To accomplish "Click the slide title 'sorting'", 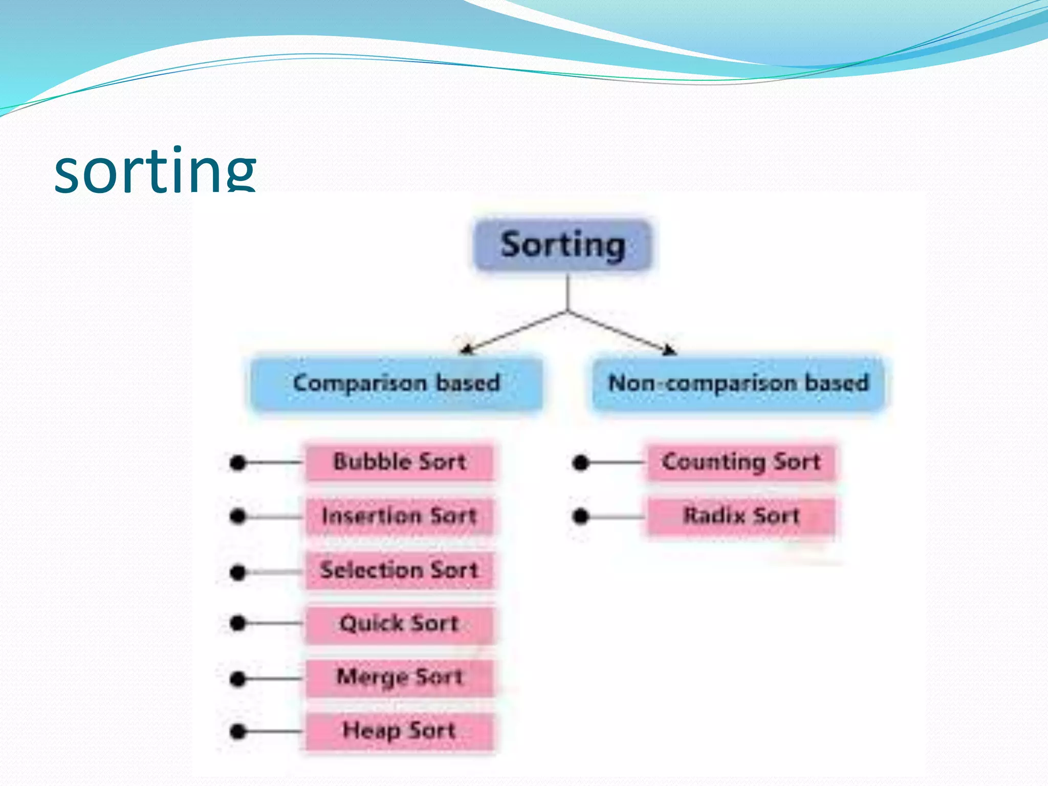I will (155, 170).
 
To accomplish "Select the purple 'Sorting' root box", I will (562, 245).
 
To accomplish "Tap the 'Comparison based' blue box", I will (397, 383).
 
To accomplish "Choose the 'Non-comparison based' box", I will (738, 383).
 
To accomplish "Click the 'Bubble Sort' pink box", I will (400, 462).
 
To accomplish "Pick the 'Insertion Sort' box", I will (400, 516).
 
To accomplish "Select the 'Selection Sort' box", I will (400, 570).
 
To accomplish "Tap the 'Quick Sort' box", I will (400, 624).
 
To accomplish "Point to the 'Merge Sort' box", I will (400, 678).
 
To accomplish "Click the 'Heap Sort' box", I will (400, 731).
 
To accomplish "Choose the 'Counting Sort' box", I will (741, 462).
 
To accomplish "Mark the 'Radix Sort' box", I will (741, 516).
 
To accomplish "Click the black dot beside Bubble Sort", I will (238, 463).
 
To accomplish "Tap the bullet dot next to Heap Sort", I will (238, 732).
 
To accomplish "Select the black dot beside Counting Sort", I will (580, 463).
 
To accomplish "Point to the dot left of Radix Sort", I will (580, 516).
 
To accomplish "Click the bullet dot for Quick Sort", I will (238, 623).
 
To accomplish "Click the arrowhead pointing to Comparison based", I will (465, 350).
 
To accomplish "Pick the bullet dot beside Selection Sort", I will (238, 572).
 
